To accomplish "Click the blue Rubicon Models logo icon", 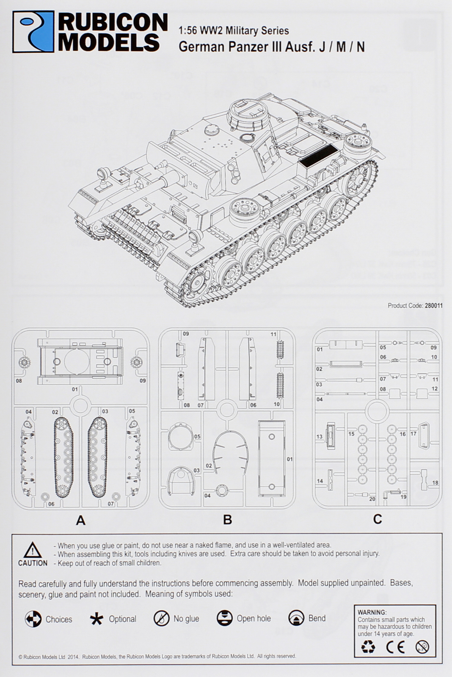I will click(33, 32).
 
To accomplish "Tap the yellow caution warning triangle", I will click(32, 550).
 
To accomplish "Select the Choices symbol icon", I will click(33, 619).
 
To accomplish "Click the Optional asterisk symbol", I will click(96, 619).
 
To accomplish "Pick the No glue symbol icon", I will click(161, 619).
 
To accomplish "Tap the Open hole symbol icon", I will click(224, 618).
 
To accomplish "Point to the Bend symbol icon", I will click(296, 618).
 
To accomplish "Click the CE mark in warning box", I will click(395, 647).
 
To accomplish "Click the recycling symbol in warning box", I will click(368, 647).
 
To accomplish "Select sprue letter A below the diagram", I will click(80, 520).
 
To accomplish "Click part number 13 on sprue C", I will click(320, 436).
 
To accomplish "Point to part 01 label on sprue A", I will click(75, 389).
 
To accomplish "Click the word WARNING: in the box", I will click(372, 612).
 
